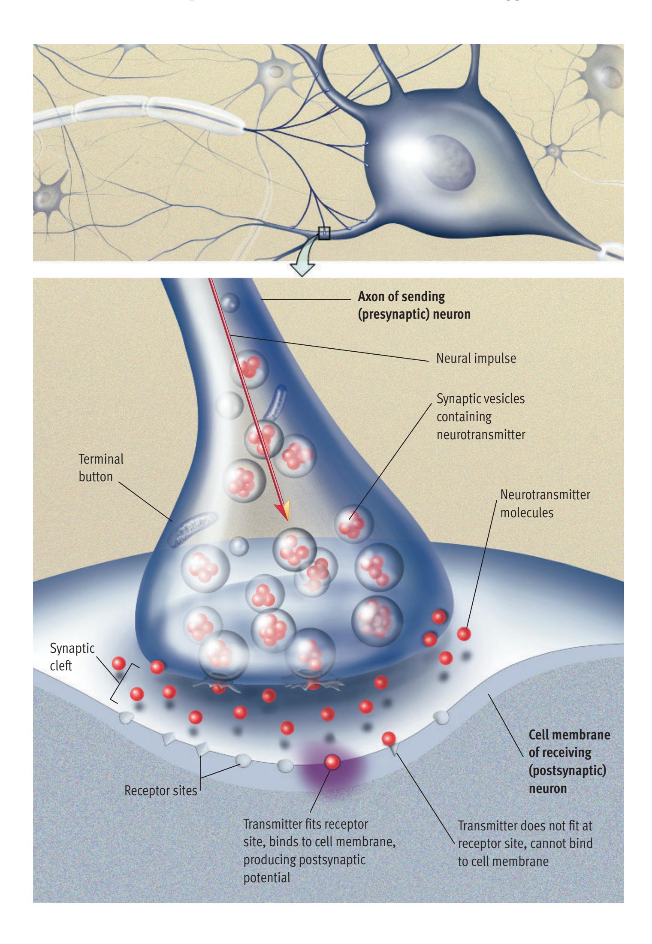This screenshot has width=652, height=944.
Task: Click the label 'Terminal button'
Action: tap(100, 467)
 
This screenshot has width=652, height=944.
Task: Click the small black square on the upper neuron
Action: tap(324, 233)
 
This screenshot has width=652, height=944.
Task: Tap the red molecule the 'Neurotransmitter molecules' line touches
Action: tap(463, 633)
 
